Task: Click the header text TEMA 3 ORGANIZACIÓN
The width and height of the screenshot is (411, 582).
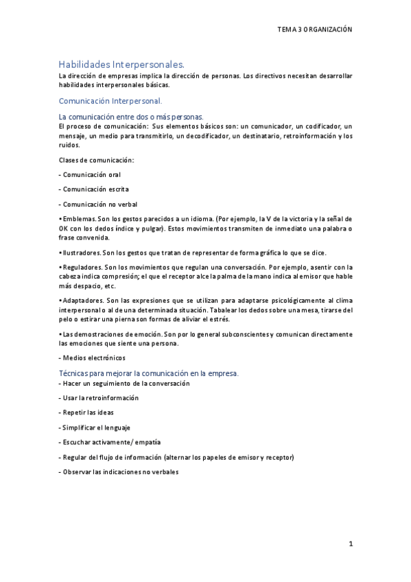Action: [x=314, y=30]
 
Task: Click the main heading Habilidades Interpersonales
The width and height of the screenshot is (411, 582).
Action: [x=121, y=64]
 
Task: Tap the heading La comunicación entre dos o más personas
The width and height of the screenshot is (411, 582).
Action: [x=131, y=117]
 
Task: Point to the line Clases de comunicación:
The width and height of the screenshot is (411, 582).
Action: [x=96, y=160]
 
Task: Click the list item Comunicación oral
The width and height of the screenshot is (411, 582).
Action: [x=91, y=174]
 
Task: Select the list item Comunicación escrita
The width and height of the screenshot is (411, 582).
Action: [x=94, y=189]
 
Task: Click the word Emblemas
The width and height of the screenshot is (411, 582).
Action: [x=79, y=219]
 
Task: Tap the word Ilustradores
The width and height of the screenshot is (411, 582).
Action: [x=82, y=253]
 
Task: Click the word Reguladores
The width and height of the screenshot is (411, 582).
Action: [x=82, y=267]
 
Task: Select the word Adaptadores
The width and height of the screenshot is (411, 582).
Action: [x=82, y=301]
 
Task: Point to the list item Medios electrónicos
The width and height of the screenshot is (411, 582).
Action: [x=93, y=358]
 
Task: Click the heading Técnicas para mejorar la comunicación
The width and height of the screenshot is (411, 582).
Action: [x=149, y=373]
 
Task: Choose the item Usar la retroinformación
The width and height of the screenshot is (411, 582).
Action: [x=99, y=397]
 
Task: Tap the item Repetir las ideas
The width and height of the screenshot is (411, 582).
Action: [x=86, y=412]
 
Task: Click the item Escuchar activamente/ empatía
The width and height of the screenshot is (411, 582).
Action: [x=110, y=442]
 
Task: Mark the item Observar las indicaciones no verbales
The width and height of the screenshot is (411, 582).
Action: [x=119, y=472]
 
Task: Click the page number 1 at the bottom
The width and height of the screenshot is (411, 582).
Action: [x=350, y=544]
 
